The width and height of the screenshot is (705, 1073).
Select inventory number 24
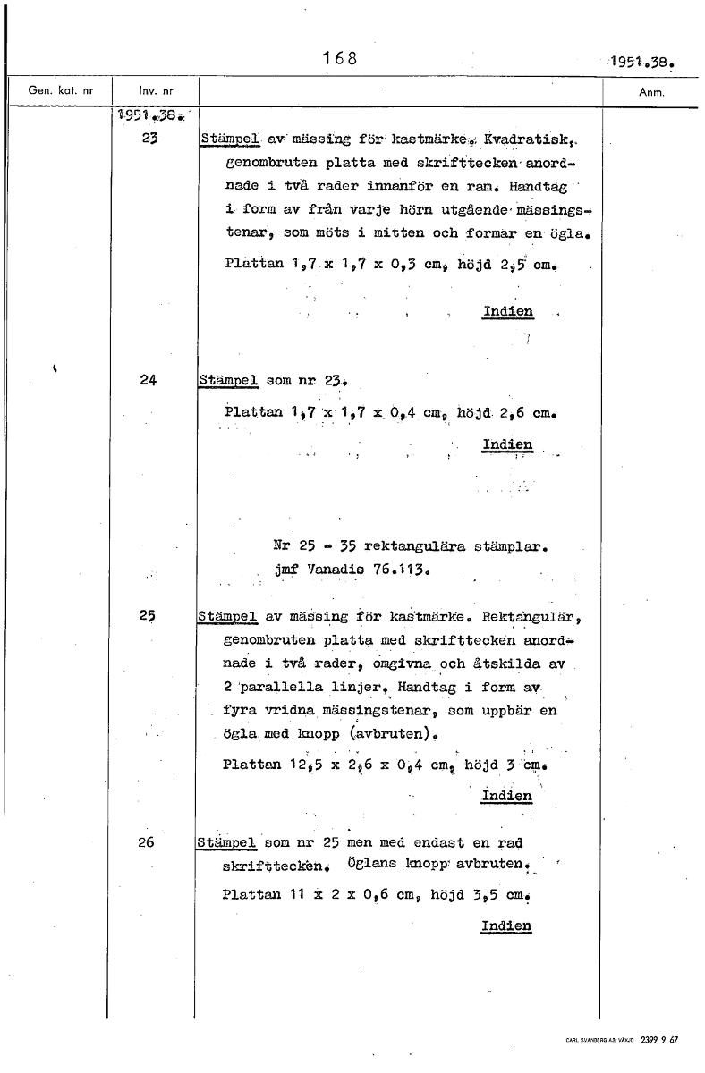coord(149,379)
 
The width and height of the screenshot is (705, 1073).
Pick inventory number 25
coord(149,616)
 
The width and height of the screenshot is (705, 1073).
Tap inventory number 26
coord(149,842)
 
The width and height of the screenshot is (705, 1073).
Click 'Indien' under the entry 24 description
coord(507,444)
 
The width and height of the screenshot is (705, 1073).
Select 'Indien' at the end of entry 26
coord(506,925)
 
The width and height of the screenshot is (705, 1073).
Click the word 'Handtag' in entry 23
coord(531,188)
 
